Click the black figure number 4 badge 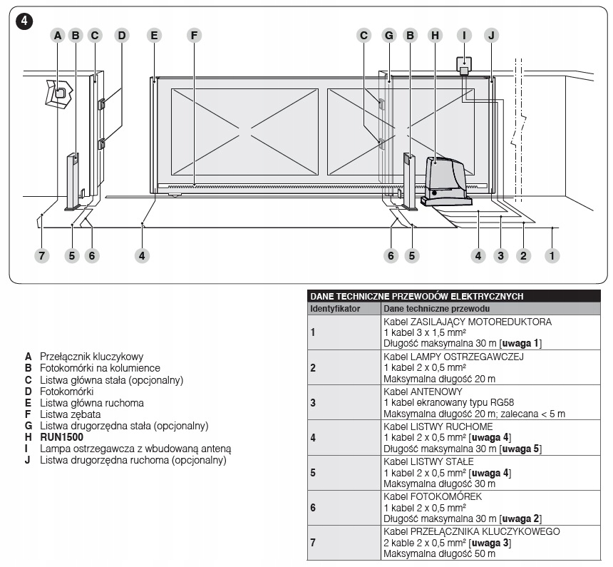[x=26, y=21]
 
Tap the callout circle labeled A [x=58, y=34]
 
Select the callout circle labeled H [x=435, y=34]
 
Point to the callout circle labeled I [x=464, y=34]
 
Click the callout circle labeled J [x=490, y=34]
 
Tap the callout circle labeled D [x=122, y=34]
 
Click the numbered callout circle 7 [x=42, y=255]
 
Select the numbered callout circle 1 [x=550, y=255]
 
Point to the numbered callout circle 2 [x=524, y=255]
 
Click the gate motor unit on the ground [x=444, y=178]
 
